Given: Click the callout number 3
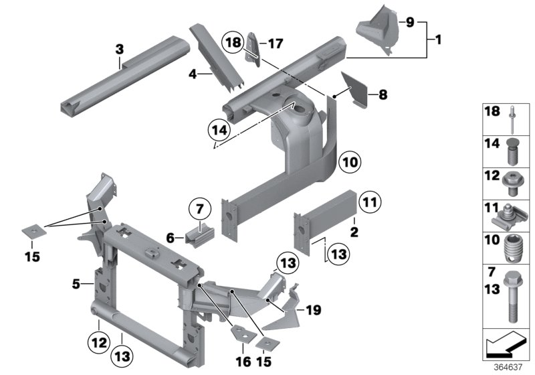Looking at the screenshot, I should click(120, 49).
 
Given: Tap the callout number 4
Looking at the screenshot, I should click(193, 75).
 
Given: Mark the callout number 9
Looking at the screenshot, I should click(410, 22).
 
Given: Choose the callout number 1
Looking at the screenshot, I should click(438, 41).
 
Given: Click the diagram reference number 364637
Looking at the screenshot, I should click(507, 367).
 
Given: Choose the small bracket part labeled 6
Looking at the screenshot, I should click(201, 236).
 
